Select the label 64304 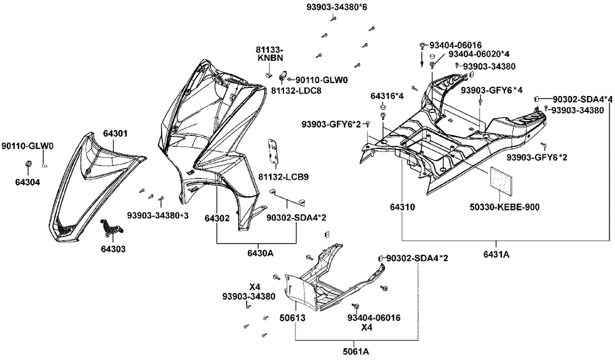(28, 182)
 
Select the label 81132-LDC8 (296, 90)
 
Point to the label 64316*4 (387, 97)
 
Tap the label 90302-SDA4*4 (582, 99)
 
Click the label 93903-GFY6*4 (492, 90)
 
